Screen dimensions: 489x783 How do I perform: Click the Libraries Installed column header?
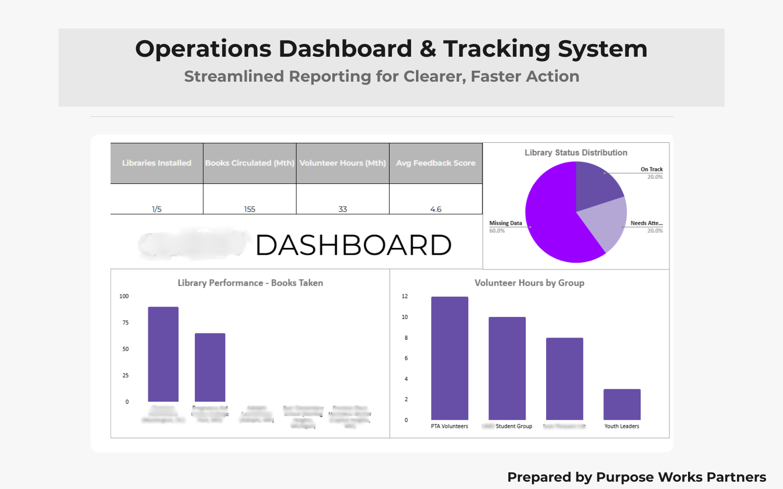[x=157, y=163]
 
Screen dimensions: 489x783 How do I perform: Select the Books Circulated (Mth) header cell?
[x=250, y=163]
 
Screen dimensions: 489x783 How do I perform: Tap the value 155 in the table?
[x=250, y=209]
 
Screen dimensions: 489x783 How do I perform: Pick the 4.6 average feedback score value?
[x=436, y=209]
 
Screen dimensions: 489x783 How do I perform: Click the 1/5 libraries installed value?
[x=157, y=209]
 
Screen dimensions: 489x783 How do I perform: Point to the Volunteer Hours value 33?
[x=343, y=209]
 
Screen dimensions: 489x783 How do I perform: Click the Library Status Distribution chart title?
[x=576, y=153]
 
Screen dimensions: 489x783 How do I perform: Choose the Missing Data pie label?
[x=506, y=223]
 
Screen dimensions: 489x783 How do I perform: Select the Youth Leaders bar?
[x=622, y=404]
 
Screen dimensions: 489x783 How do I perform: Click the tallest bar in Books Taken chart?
[x=163, y=354]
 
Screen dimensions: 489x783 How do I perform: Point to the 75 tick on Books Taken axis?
[x=126, y=323]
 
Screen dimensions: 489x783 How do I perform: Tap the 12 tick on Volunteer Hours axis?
[x=405, y=296]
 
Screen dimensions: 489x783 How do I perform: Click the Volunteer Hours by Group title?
[x=529, y=283]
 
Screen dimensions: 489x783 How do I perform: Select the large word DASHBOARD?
[x=353, y=245]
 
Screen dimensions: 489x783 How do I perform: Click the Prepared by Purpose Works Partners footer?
[x=636, y=477]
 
